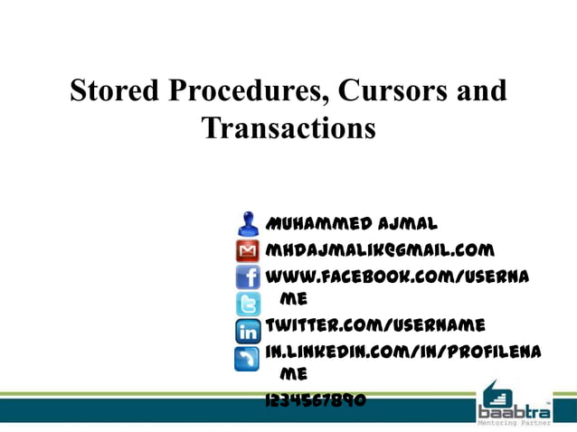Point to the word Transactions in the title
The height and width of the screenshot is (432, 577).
288,128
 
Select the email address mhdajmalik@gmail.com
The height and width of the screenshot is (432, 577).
380,249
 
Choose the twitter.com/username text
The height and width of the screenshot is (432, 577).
375,324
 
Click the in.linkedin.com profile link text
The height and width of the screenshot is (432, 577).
402,350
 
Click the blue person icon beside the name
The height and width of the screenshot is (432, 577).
248,222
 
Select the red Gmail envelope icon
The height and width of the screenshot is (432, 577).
248,249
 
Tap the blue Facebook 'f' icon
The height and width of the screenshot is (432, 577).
248,276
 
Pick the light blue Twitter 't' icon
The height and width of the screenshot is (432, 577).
248,304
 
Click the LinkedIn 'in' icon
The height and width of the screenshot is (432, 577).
248,332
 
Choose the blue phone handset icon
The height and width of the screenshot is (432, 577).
248,360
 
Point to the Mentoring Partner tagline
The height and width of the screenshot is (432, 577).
513,421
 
